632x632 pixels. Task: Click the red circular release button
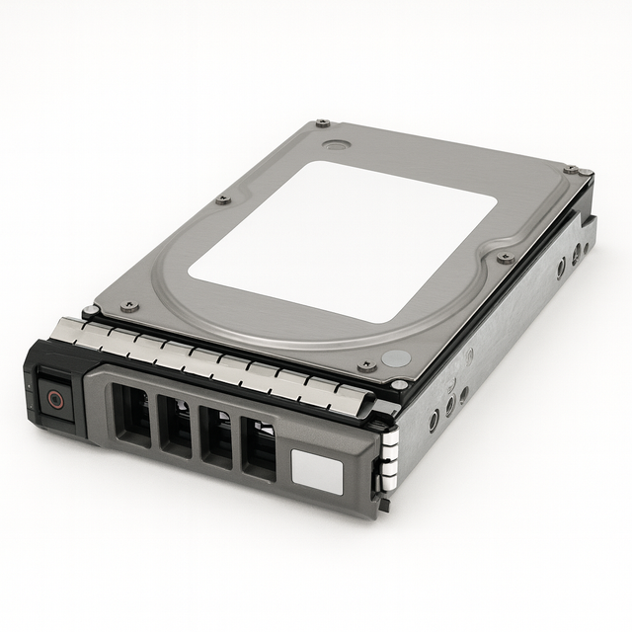[x=55, y=400]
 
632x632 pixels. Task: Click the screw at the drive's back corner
[x=323, y=123]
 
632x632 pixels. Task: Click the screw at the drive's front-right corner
[x=367, y=365]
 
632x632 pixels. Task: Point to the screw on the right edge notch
[x=506, y=258]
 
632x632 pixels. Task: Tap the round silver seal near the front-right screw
[x=396, y=359]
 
